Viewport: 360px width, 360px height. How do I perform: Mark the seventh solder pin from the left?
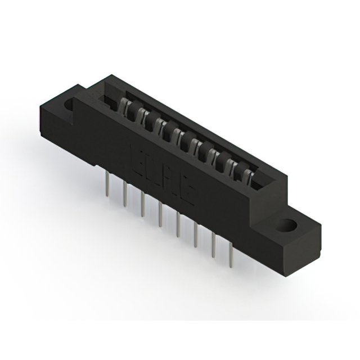213,244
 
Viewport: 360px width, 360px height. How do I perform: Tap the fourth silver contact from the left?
179,135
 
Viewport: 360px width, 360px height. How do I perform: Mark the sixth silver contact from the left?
213,154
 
